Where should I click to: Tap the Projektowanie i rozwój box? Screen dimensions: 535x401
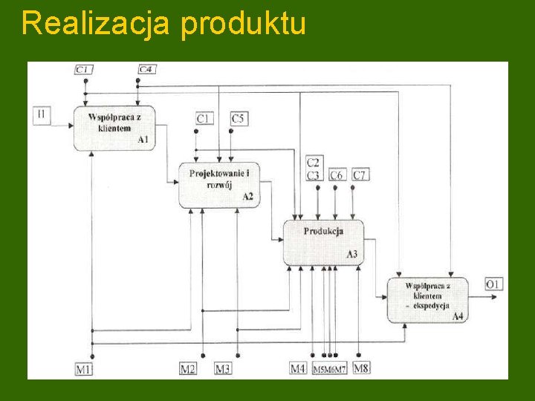coord(219,184)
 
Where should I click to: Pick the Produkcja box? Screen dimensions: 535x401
coord(323,241)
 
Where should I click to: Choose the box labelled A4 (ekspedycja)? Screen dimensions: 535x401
coord(427,299)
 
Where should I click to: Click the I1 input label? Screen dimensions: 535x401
coord(41,115)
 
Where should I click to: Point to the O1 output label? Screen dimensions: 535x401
coord(494,283)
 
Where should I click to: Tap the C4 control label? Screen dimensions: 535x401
coord(146,70)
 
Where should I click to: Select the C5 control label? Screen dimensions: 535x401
coord(239,118)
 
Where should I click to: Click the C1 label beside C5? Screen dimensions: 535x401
coord(204,118)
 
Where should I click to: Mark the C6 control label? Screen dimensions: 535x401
coord(337,175)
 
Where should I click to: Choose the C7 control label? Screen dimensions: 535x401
coord(360,175)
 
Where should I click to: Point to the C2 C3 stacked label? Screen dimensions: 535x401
coord(314,169)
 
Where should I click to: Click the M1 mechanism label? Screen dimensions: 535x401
coord(84,368)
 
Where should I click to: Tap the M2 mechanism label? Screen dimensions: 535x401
coord(188,368)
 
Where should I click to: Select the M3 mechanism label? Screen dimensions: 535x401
coord(223,368)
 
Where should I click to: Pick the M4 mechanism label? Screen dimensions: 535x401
coord(298,368)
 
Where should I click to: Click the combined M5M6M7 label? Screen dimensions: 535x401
coord(330,369)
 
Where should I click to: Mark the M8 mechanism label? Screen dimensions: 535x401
coord(361,368)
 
